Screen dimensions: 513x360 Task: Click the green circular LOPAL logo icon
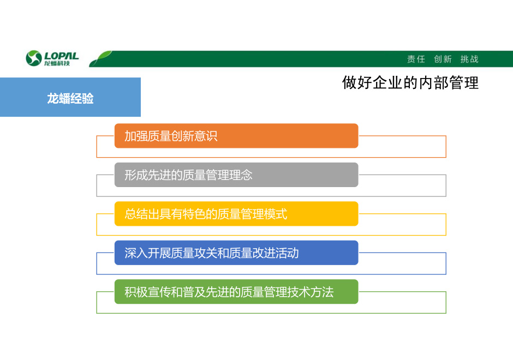(x=34, y=58)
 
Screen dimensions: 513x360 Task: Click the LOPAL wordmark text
(x=62, y=56)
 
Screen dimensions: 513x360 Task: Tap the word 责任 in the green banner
(x=416, y=59)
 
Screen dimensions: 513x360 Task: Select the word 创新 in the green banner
(x=443, y=59)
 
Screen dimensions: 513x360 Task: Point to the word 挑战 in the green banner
(x=469, y=59)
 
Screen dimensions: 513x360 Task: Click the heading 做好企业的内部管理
(x=410, y=82)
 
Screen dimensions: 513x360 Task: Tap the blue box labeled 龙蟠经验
(x=70, y=97)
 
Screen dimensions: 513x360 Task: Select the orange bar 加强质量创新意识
(x=236, y=136)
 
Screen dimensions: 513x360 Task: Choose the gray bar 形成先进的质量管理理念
(x=236, y=175)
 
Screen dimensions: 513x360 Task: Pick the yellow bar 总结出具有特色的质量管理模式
(x=236, y=214)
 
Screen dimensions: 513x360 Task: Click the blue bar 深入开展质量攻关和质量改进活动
(x=236, y=253)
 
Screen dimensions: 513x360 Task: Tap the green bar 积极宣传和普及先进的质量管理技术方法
(x=236, y=292)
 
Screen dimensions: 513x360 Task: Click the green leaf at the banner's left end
(x=100, y=58)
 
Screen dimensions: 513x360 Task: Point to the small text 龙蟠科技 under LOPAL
(x=57, y=63)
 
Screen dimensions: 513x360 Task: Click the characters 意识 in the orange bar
(x=206, y=136)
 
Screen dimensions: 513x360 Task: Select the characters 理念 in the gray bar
(x=241, y=175)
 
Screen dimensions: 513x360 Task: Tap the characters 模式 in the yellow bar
(x=276, y=214)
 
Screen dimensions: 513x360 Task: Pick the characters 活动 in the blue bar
(x=287, y=253)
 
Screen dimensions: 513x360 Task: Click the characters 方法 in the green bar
(x=322, y=292)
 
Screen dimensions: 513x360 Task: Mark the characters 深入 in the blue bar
(x=136, y=253)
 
